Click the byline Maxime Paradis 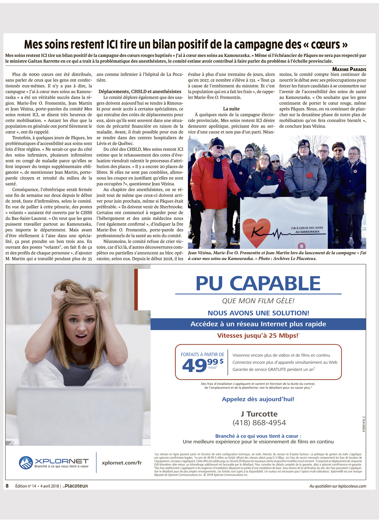pos(349,69)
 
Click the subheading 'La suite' pos(231,109)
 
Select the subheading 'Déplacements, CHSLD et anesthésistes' pos(140,92)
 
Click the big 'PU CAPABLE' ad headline pos(258,283)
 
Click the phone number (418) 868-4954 pos(259,423)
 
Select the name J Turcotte pos(259,414)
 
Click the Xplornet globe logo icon pos(26,463)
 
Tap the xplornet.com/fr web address pos(122,463)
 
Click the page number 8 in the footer pos(7,486)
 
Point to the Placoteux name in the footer pos(76,486)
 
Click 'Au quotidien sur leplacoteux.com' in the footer pos(338,486)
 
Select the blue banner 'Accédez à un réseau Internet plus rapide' pos(258,324)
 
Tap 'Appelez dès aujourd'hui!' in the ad pos(258,399)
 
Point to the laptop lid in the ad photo pos(76,417)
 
